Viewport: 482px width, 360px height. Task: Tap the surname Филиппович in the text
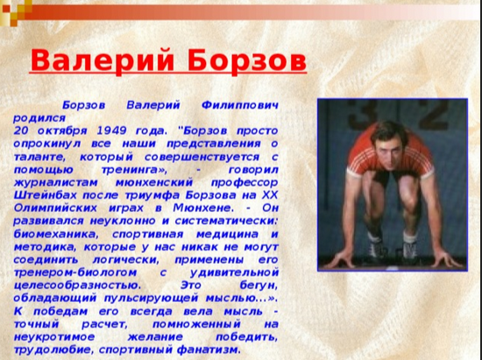(239, 104)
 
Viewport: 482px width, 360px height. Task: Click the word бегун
(254, 284)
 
